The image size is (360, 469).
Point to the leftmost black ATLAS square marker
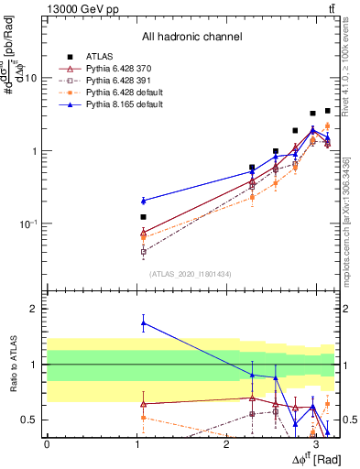click(x=143, y=217)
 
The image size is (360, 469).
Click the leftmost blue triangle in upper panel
click(x=143, y=200)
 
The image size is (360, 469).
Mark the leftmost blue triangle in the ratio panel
click(x=143, y=322)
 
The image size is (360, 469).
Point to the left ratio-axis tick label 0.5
click(x=31, y=420)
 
